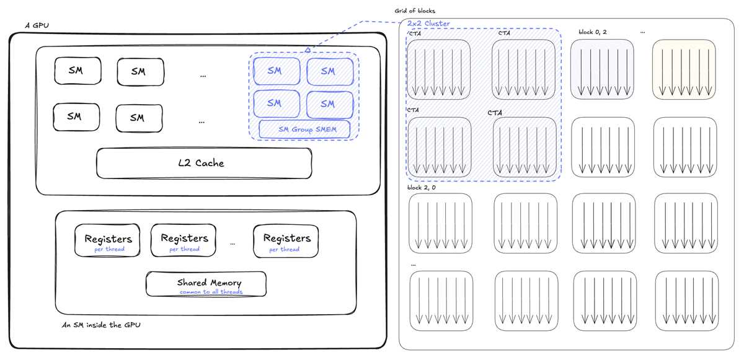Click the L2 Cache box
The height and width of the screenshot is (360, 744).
click(x=204, y=163)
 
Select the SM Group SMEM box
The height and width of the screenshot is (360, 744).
click(x=304, y=129)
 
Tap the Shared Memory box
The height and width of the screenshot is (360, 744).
click(x=206, y=284)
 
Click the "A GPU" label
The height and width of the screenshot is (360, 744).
click(x=37, y=25)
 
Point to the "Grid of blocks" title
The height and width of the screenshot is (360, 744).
click(x=415, y=11)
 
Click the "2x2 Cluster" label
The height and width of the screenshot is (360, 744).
click(x=428, y=24)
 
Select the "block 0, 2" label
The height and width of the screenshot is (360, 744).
click(x=593, y=32)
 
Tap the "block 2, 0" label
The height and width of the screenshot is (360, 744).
click(x=422, y=188)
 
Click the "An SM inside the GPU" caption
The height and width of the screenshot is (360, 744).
click(x=101, y=325)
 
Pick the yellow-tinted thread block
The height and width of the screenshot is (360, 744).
click(x=684, y=69)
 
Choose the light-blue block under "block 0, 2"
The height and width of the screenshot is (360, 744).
click(x=602, y=69)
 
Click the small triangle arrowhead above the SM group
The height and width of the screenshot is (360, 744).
click(x=308, y=50)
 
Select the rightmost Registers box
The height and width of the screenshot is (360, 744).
click(x=286, y=241)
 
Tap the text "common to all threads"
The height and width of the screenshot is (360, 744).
click(x=211, y=292)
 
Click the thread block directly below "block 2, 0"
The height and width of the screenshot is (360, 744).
click(x=440, y=223)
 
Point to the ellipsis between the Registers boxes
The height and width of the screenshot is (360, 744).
click(x=232, y=244)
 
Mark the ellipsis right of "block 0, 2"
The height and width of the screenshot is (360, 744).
click(x=643, y=32)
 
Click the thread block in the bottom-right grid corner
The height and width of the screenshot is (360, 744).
click(x=687, y=301)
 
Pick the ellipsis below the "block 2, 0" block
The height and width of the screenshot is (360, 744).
click(x=413, y=265)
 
